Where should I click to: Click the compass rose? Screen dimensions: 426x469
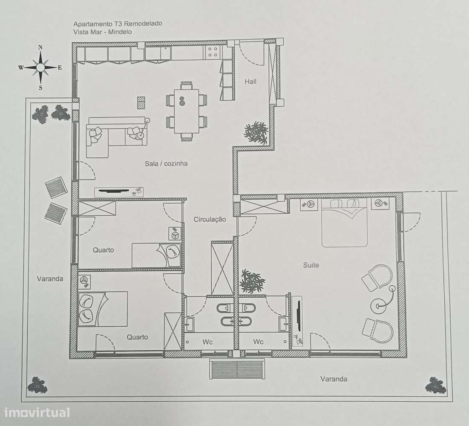click(40, 67)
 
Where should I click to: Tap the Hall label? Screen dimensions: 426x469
click(250, 81)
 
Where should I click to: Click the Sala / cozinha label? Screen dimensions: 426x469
click(166, 163)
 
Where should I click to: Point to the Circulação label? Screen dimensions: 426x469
click(210, 219)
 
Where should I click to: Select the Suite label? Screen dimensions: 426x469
click(311, 265)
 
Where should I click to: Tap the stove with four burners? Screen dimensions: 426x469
click(213, 52)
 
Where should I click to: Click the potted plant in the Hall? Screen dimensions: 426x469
click(256, 132)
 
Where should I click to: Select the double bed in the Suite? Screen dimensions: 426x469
click(344, 223)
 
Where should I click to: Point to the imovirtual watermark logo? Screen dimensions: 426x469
click(37, 412)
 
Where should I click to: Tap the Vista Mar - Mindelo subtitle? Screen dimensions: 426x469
click(102, 32)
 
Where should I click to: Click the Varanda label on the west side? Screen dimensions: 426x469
click(50, 279)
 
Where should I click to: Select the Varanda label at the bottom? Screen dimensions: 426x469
click(334, 379)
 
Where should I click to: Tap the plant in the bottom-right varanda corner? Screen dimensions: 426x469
click(435, 385)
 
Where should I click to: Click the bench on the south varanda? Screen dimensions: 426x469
click(237, 369)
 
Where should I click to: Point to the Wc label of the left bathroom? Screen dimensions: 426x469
click(208, 342)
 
